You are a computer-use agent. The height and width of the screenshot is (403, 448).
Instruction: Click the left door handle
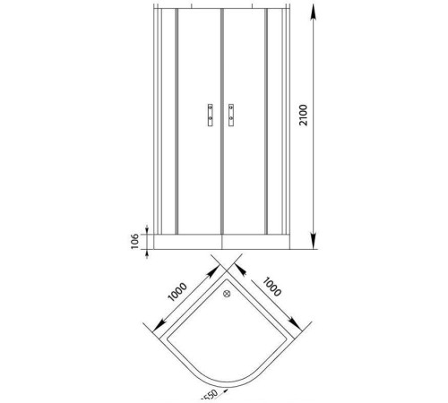(x=210, y=115)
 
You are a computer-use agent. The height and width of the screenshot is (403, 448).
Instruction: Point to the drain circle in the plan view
(x=226, y=291)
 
